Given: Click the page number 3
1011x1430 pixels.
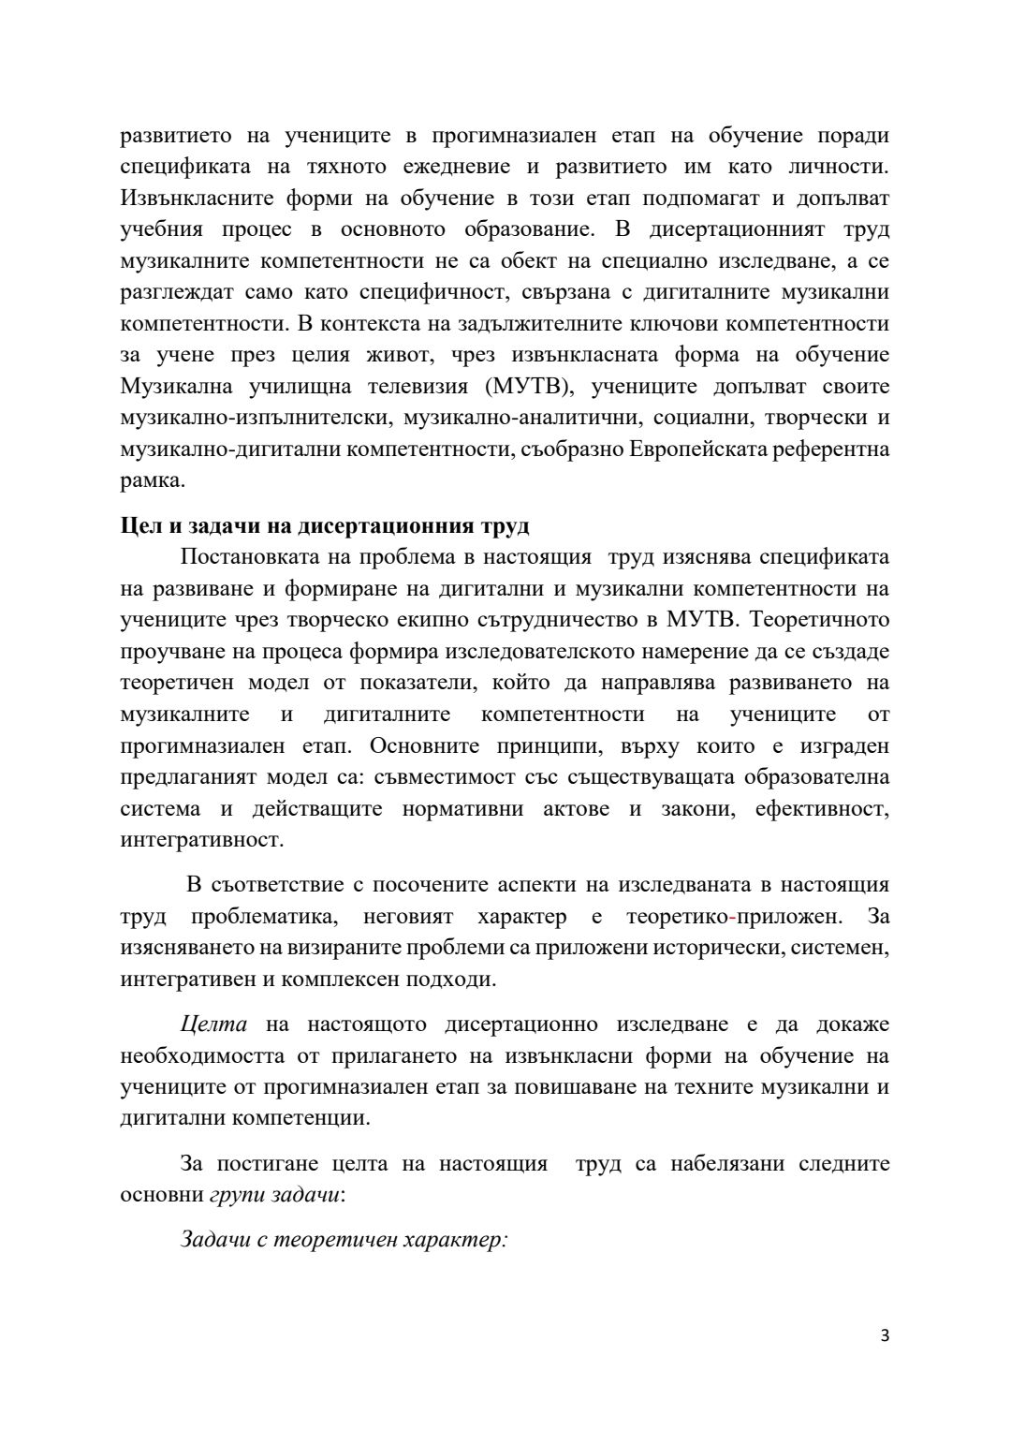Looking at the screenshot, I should [885, 1335].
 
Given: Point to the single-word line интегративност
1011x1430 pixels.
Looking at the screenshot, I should [200, 839].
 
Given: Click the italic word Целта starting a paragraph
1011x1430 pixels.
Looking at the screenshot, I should [213, 1025].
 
